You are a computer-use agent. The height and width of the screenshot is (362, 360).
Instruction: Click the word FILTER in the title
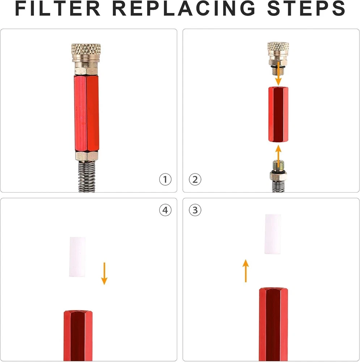pyautogui.click(x=58, y=8)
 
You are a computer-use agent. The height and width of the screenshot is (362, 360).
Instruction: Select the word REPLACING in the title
pyautogui.click(x=184, y=8)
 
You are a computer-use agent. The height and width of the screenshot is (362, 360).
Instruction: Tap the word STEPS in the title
pyautogui.click(x=306, y=8)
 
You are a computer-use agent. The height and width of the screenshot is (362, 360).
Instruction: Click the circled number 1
pyautogui.click(x=165, y=180)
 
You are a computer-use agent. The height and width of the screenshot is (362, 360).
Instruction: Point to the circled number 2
pyautogui.click(x=195, y=180)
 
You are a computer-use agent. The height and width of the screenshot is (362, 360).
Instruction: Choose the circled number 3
pyautogui.click(x=195, y=210)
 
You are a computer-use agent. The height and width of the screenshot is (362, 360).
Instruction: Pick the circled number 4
pyautogui.click(x=165, y=210)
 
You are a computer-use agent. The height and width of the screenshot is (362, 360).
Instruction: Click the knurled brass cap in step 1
pyautogui.click(x=86, y=52)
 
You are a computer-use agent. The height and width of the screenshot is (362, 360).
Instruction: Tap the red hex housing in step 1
pyautogui.click(x=86, y=113)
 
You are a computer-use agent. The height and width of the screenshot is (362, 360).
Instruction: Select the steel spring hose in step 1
pyautogui.click(x=87, y=176)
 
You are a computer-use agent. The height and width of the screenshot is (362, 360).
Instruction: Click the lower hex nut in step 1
pyautogui.click(x=87, y=156)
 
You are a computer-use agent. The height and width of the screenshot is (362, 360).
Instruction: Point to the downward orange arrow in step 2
pyautogui.click(x=279, y=73)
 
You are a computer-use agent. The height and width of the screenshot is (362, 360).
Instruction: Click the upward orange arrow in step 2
pyautogui.click(x=279, y=156)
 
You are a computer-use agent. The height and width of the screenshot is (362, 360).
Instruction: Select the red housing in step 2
pyautogui.click(x=278, y=114)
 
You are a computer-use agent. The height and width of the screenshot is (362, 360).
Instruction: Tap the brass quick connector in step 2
pyautogui.click(x=278, y=58)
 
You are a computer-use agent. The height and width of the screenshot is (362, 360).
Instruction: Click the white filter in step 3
pyautogui.click(x=273, y=234)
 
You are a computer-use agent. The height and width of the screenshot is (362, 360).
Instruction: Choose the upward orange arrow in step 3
pyautogui.click(x=246, y=271)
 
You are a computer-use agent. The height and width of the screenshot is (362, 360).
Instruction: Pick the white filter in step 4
pyautogui.click(x=77, y=257)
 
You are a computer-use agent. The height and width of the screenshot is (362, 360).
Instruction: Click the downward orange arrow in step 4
pyautogui.click(x=104, y=274)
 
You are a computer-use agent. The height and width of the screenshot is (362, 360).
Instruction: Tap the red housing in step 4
pyautogui.click(x=78, y=336)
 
